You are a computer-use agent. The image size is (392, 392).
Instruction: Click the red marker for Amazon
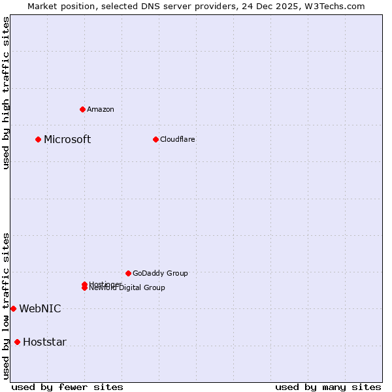[82, 109]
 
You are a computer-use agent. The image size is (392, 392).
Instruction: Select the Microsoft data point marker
[39, 139]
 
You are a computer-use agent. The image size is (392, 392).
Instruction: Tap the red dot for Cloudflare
[155, 139]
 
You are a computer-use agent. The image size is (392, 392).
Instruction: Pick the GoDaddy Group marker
[128, 273]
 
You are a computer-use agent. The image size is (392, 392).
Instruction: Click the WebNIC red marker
[13, 308]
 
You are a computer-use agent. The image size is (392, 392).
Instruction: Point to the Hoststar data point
[17, 342]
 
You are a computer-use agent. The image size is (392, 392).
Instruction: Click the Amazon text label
[101, 109]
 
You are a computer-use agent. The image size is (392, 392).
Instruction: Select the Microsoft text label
[67, 139]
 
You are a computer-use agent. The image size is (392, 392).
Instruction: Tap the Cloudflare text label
[178, 139]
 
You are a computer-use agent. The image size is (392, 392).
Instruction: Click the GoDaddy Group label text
[160, 273]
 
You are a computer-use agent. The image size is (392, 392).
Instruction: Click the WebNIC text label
[40, 308]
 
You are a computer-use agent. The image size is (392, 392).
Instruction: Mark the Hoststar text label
[44, 342]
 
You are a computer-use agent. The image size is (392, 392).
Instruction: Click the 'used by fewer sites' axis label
[67, 387]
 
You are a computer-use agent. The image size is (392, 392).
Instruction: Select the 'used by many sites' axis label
[328, 387]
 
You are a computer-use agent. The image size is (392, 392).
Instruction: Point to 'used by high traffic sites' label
[6, 93]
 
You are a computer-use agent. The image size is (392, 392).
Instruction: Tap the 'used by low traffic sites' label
[6, 306]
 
